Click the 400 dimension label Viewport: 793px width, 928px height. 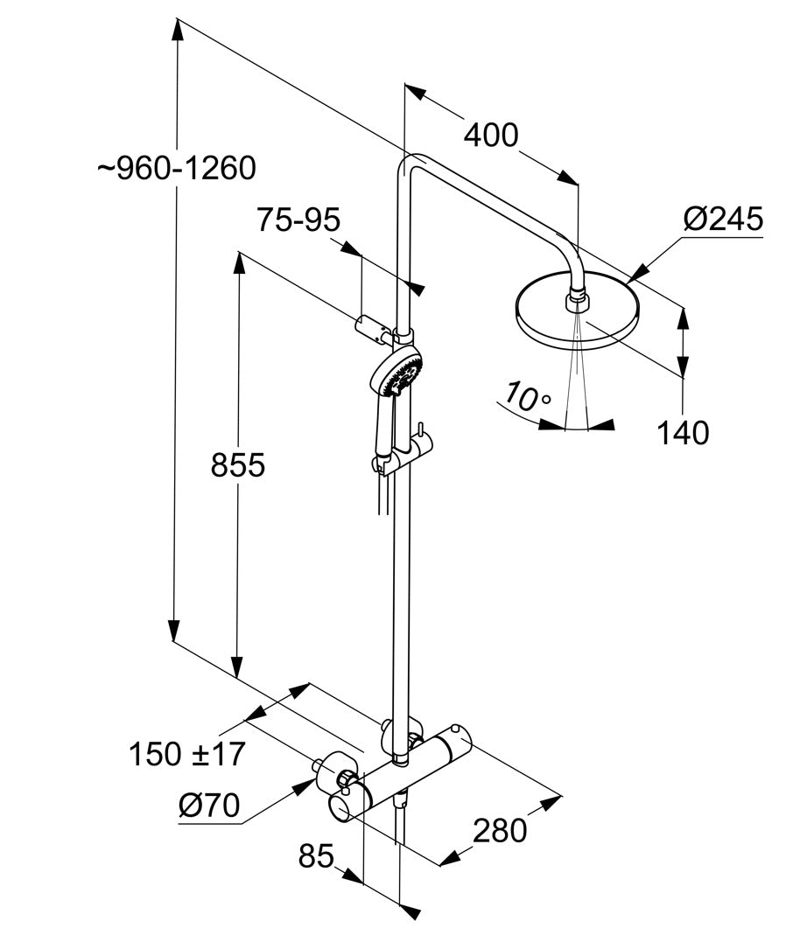pyautogui.click(x=490, y=136)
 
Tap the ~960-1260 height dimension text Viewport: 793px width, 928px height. pyautogui.click(x=177, y=168)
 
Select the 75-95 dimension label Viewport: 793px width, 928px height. pyautogui.click(x=298, y=220)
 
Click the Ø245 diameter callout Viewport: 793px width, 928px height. pyautogui.click(x=723, y=219)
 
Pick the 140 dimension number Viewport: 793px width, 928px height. pyautogui.click(x=683, y=432)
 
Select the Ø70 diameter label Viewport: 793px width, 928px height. pyautogui.click(x=209, y=806)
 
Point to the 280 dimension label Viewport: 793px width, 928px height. pyautogui.click(x=500, y=830)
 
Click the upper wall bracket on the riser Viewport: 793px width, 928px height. pyautogui.click(x=376, y=329)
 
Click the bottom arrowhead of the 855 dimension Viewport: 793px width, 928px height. pyautogui.click(x=237, y=668)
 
